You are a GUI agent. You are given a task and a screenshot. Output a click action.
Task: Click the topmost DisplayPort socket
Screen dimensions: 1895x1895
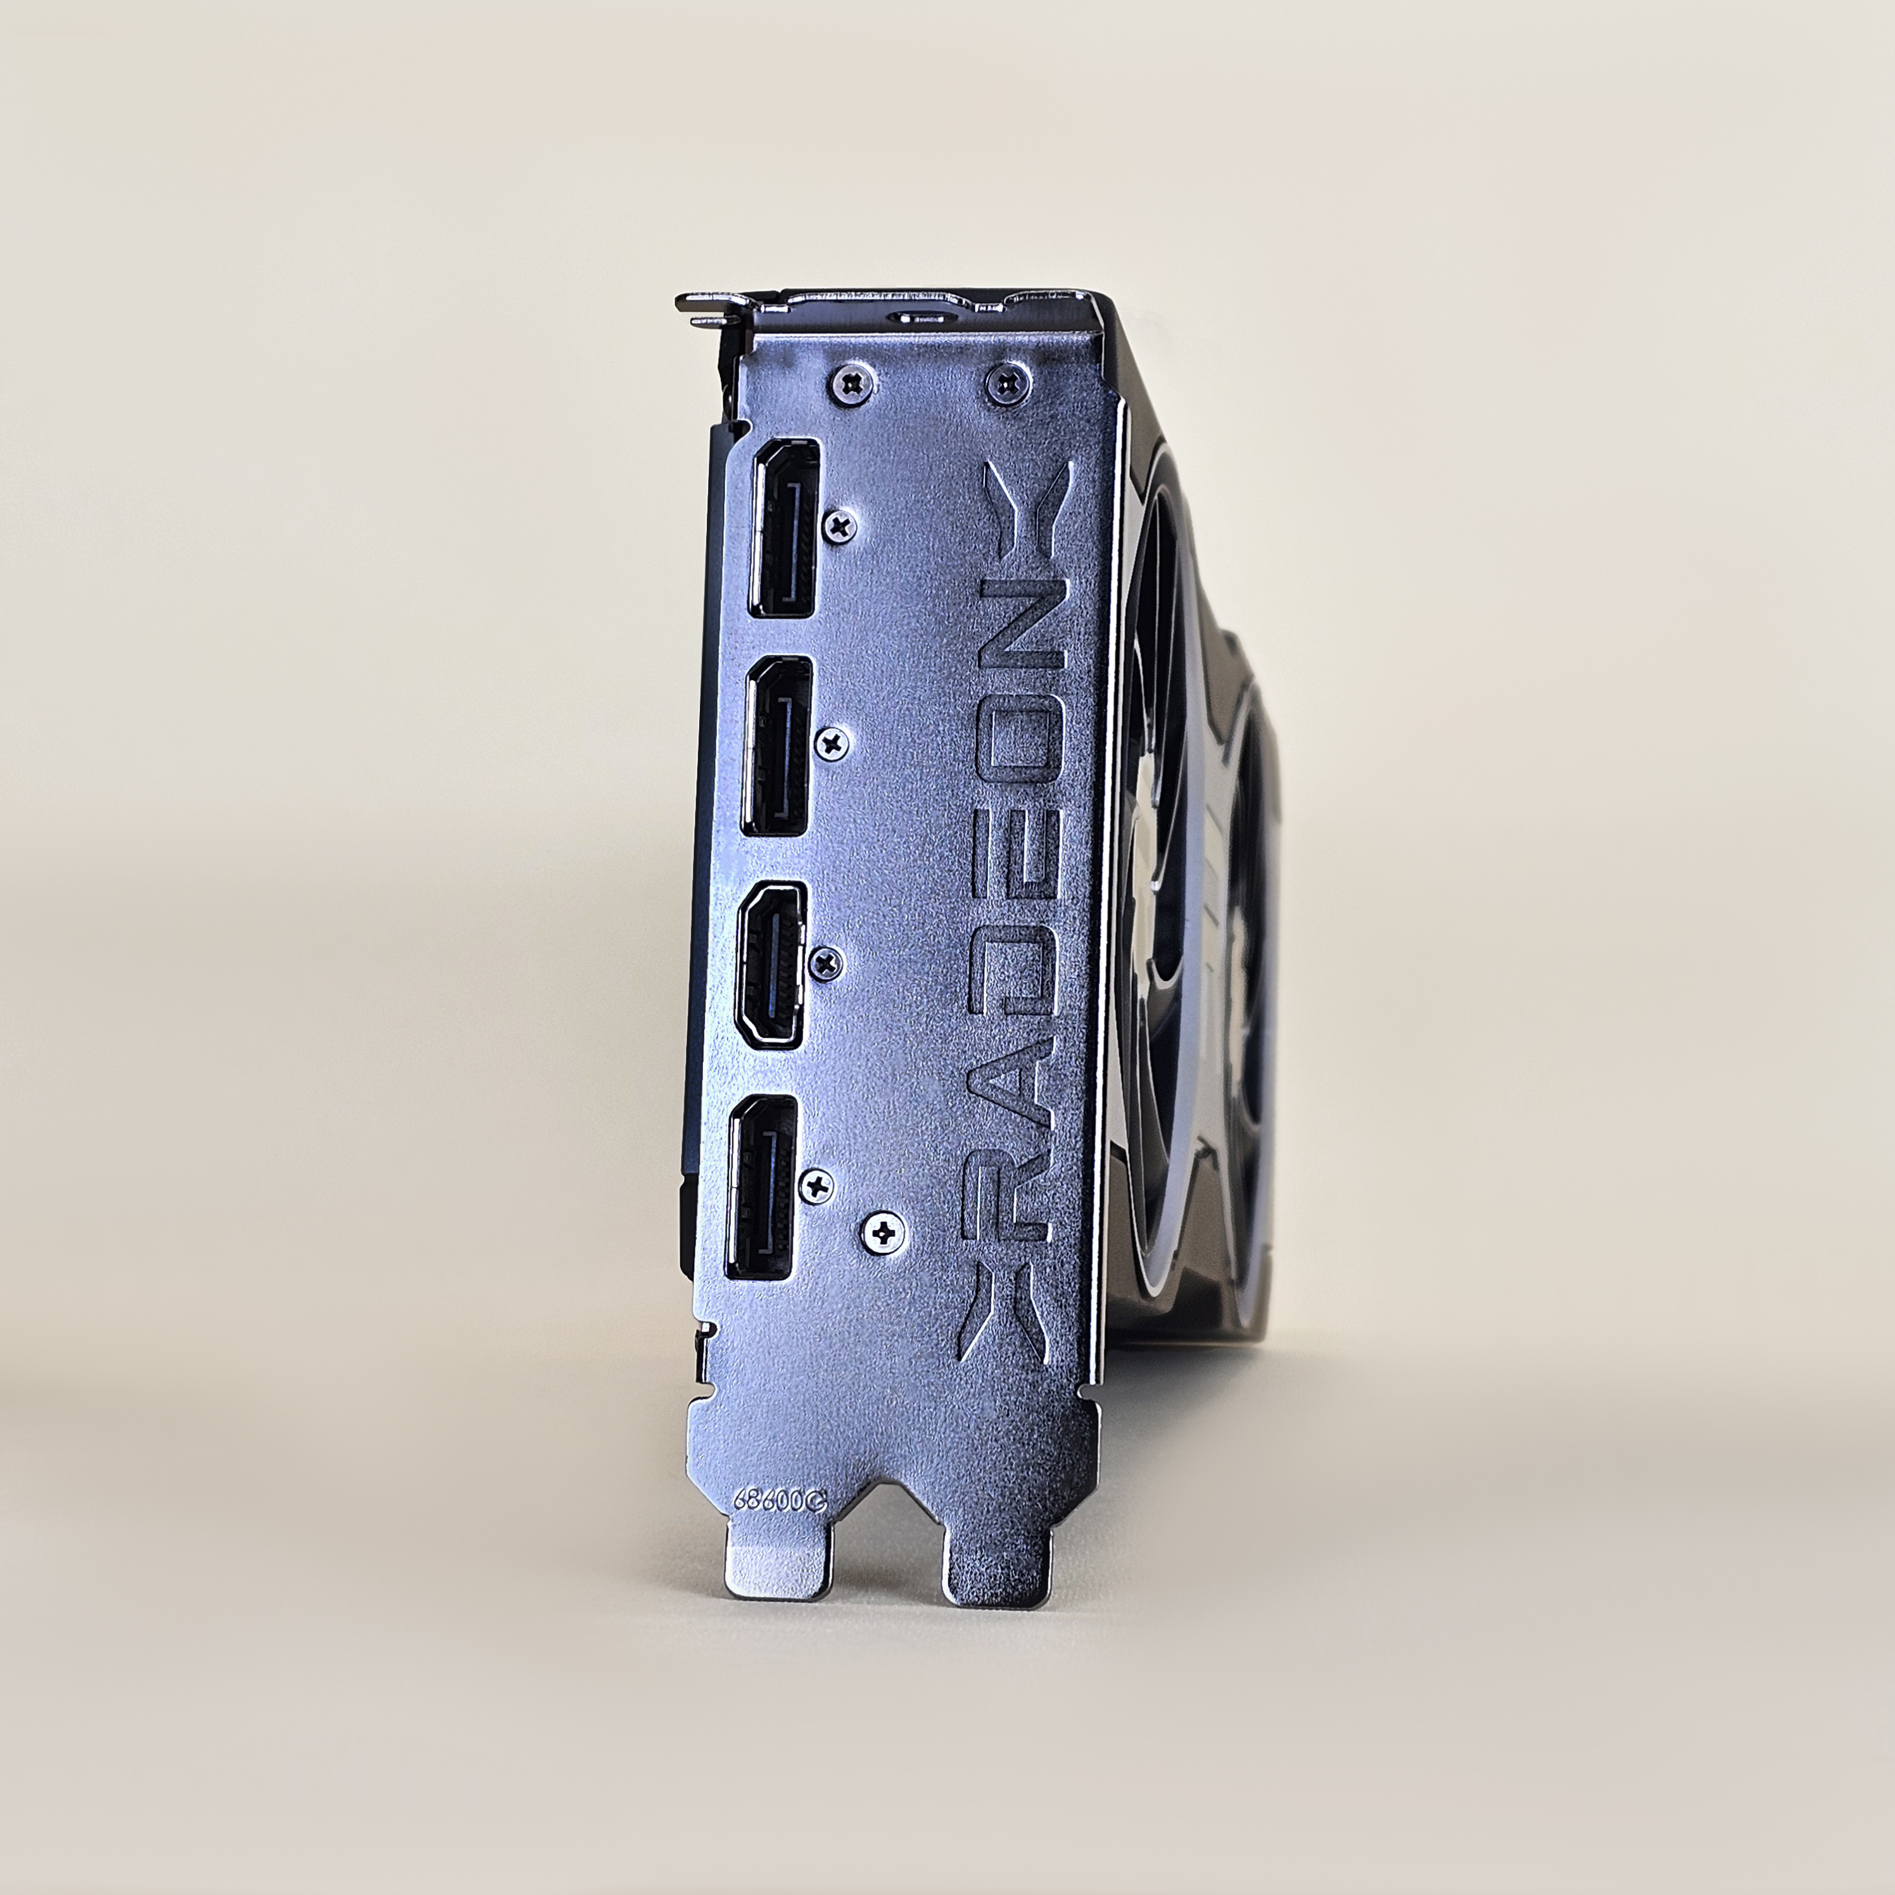pos(783,527)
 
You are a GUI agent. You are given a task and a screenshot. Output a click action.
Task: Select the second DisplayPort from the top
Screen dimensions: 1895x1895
pos(776,745)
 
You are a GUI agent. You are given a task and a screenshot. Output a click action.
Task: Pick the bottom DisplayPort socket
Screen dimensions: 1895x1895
pos(761,1188)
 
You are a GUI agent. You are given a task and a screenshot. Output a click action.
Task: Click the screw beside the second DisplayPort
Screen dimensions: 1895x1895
pos(833,744)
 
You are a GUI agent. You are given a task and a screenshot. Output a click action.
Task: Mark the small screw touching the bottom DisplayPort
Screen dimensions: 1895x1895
pos(816,1185)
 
